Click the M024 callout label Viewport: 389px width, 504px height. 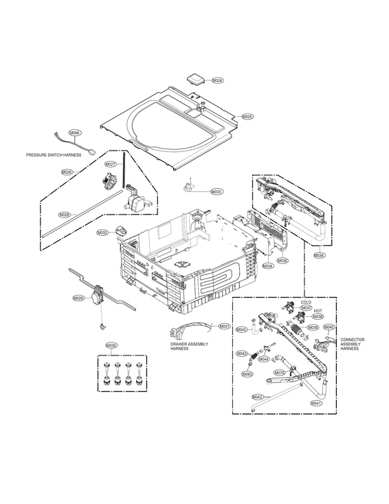217,80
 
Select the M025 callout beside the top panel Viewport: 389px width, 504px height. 248,117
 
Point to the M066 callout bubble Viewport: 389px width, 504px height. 75,132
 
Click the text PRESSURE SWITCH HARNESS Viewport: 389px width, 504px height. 54,155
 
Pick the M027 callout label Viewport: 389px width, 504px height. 111,164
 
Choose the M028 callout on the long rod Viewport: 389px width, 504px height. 63,215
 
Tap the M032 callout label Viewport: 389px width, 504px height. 102,233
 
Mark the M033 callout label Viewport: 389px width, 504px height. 216,191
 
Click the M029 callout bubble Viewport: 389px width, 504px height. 78,298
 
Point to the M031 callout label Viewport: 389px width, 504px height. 225,326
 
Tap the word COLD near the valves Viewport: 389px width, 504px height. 307,302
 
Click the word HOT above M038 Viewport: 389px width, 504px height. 318,310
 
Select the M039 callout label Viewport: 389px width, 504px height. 313,327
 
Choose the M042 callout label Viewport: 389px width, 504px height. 258,397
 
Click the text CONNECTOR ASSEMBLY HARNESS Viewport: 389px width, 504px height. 353,344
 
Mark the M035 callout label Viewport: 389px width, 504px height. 282,261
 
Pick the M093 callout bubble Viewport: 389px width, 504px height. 247,373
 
